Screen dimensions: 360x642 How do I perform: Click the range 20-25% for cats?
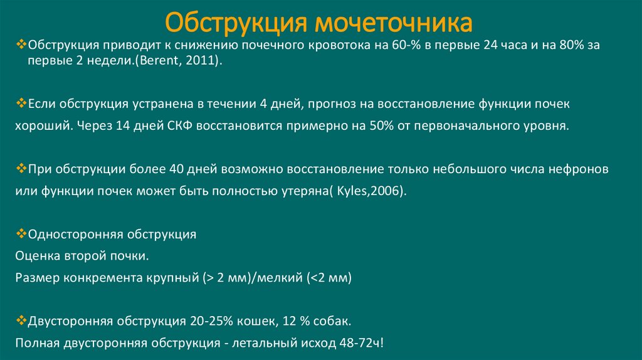[x=214, y=322]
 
